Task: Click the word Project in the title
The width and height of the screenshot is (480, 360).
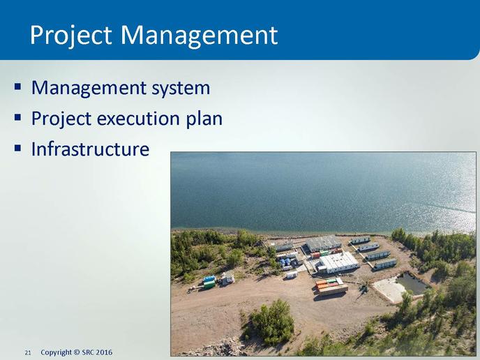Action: click(70, 36)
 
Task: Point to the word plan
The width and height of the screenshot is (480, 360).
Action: click(204, 119)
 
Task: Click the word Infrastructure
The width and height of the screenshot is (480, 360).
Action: click(90, 149)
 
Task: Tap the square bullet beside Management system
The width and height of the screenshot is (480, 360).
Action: click(17, 87)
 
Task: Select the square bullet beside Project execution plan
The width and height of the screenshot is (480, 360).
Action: click(17, 117)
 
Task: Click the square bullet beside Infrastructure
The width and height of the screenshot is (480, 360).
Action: click(17, 148)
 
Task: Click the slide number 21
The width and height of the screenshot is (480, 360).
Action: click(27, 353)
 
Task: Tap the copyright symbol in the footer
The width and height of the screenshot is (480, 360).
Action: click(77, 352)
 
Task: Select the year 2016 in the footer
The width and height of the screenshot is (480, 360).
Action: click(104, 352)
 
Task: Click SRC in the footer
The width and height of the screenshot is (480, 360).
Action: click(88, 352)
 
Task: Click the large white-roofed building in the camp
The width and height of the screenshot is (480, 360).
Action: click(338, 262)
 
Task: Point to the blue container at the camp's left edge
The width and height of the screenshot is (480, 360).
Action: click(209, 279)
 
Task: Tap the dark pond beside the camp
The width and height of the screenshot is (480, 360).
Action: click(412, 283)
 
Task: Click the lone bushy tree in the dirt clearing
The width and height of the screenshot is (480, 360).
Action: click(270, 322)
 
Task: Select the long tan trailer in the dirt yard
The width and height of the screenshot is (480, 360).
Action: click(333, 290)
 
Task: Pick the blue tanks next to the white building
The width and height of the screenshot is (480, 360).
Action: click(285, 262)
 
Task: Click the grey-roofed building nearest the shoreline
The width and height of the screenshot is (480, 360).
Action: click(323, 243)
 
